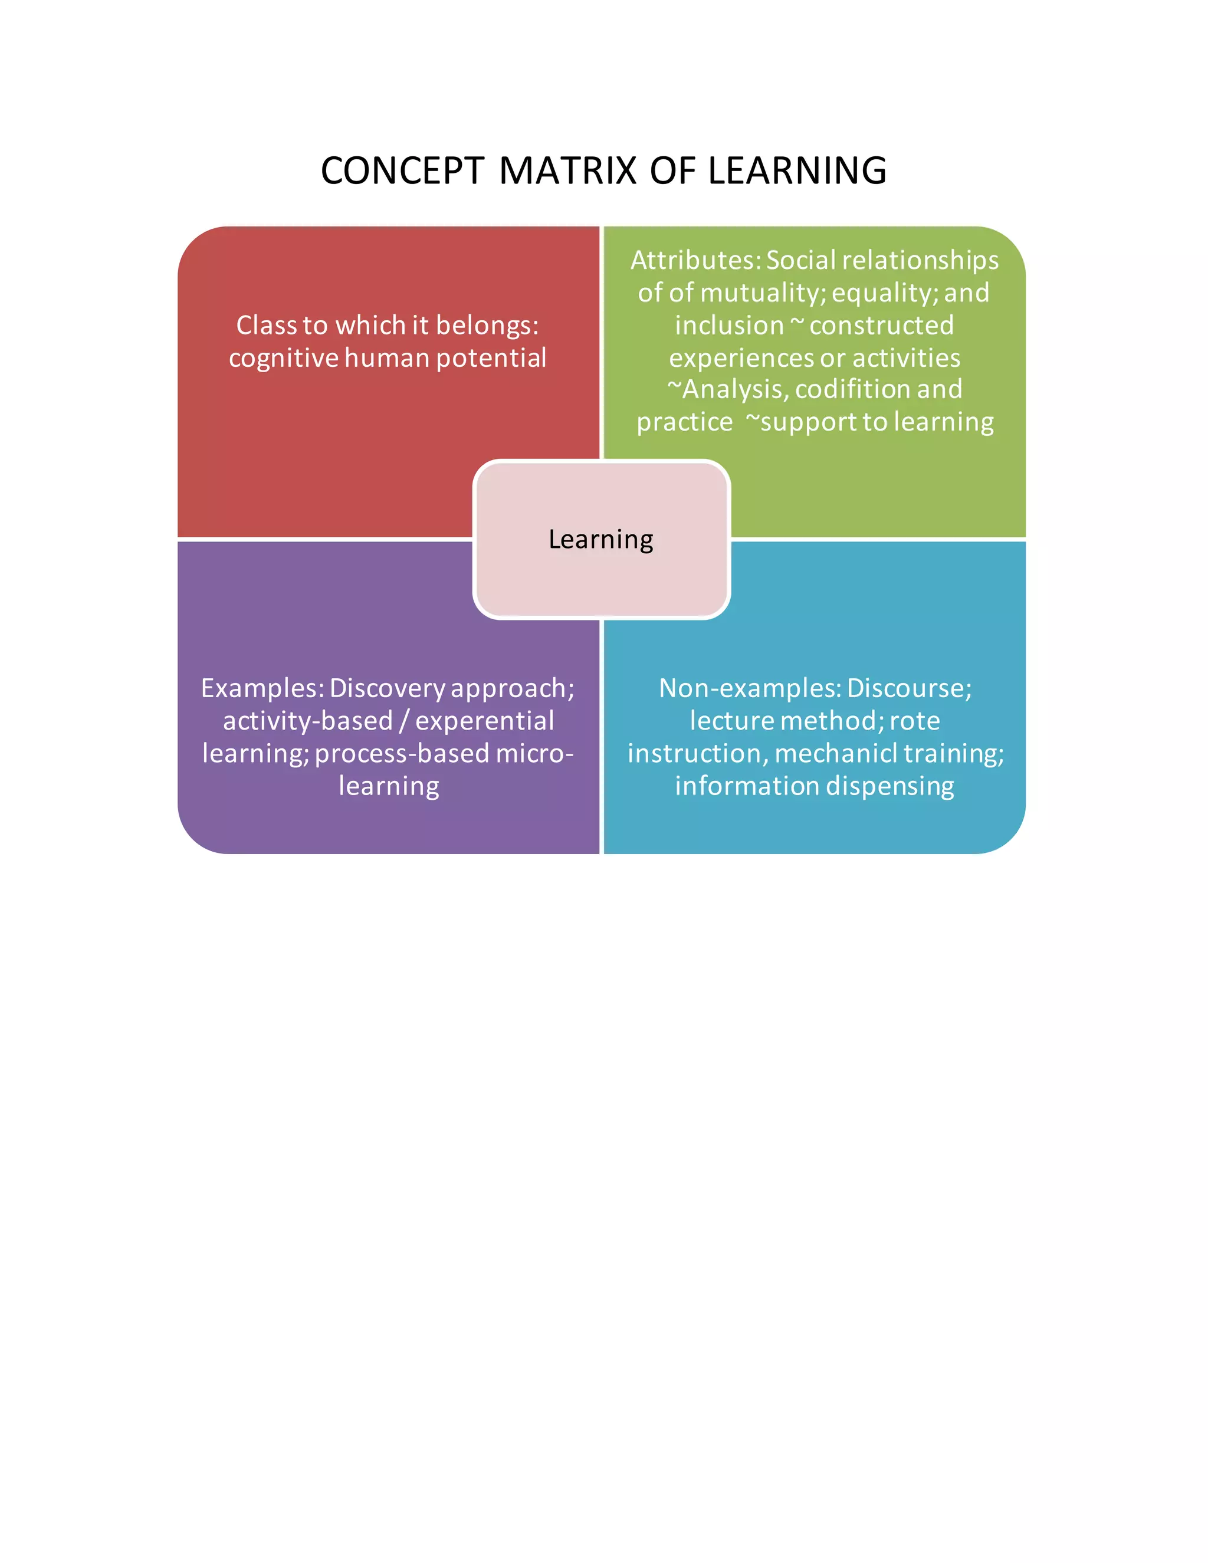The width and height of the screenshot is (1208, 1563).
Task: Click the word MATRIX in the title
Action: (567, 171)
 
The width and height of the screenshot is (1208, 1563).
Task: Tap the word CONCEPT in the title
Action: (402, 171)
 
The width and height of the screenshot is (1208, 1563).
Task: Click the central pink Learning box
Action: (601, 539)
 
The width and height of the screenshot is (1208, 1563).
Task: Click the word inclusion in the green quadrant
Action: (728, 326)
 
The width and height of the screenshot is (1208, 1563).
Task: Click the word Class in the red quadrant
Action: (266, 326)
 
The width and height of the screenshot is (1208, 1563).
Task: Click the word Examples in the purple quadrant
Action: (262, 688)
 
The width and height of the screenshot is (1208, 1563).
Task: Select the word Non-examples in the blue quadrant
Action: (749, 688)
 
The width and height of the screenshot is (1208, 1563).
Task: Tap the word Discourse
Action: (909, 688)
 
